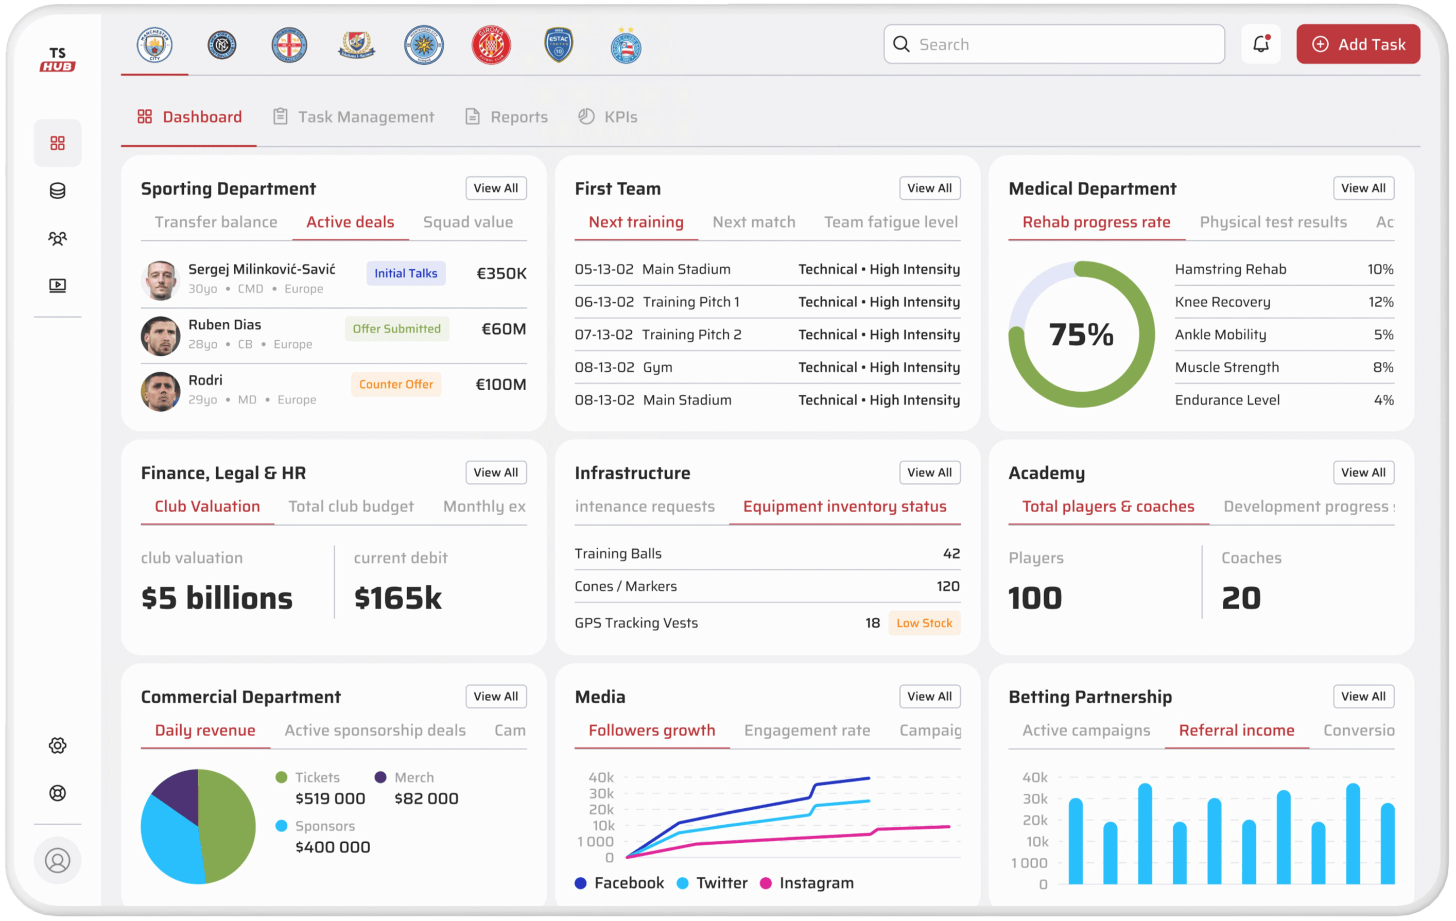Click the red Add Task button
click(x=1358, y=44)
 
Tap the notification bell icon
click(x=1261, y=44)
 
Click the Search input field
click(x=1054, y=44)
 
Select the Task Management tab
click(x=353, y=117)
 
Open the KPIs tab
click(x=608, y=117)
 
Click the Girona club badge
click(x=491, y=45)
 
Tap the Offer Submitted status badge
click(x=396, y=328)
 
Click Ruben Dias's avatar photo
click(x=160, y=336)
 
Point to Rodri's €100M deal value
click(x=500, y=385)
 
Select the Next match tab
click(x=753, y=222)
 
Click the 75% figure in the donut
click(x=1081, y=335)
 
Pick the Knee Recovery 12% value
click(x=1380, y=302)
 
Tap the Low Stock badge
click(x=924, y=623)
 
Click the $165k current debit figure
click(x=398, y=598)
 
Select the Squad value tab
click(x=468, y=222)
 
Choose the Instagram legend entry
click(x=807, y=883)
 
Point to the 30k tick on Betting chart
click(x=1035, y=799)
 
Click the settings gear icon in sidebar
click(x=58, y=745)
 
